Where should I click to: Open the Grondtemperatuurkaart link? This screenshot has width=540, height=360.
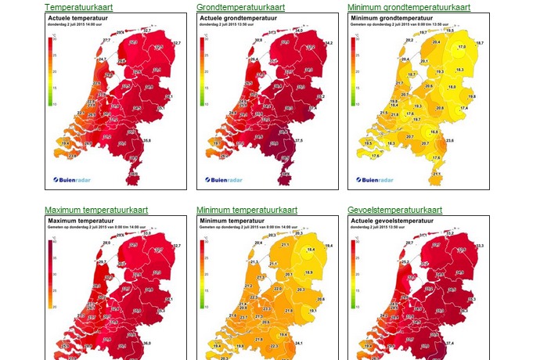[240, 7]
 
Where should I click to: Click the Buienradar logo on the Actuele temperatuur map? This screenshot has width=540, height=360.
[74, 180]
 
